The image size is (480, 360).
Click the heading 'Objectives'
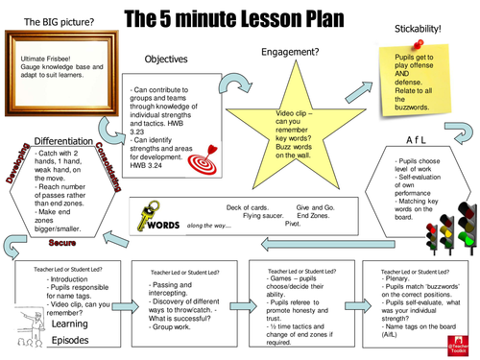(166, 60)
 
